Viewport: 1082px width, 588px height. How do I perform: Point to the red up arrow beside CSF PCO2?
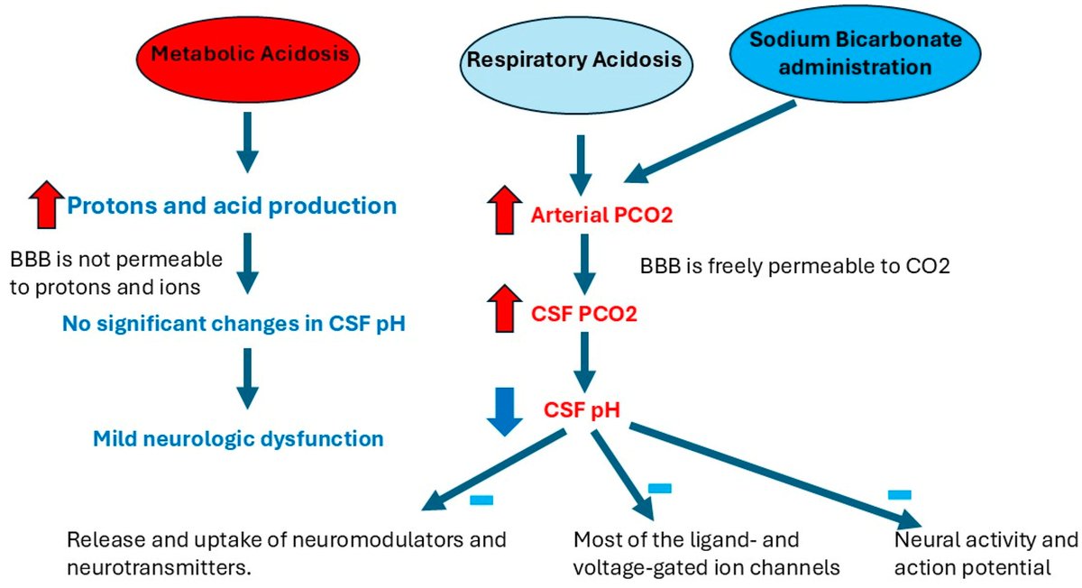pyautogui.click(x=504, y=309)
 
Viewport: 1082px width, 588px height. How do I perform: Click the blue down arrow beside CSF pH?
pyautogui.click(x=504, y=410)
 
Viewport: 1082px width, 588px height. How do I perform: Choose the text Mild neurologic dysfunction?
pyautogui.click(x=238, y=439)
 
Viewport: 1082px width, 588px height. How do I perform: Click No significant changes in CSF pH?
pyautogui.click(x=234, y=322)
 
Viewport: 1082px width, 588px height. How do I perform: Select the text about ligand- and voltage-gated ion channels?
pyautogui.click(x=707, y=555)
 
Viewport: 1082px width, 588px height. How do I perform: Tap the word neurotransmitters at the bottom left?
pyautogui.click(x=152, y=568)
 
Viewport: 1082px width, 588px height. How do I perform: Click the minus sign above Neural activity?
pyautogui.click(x=899, y=494)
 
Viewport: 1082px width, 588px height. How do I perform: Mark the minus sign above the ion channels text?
pyautogui.click(x=660, y=488)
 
